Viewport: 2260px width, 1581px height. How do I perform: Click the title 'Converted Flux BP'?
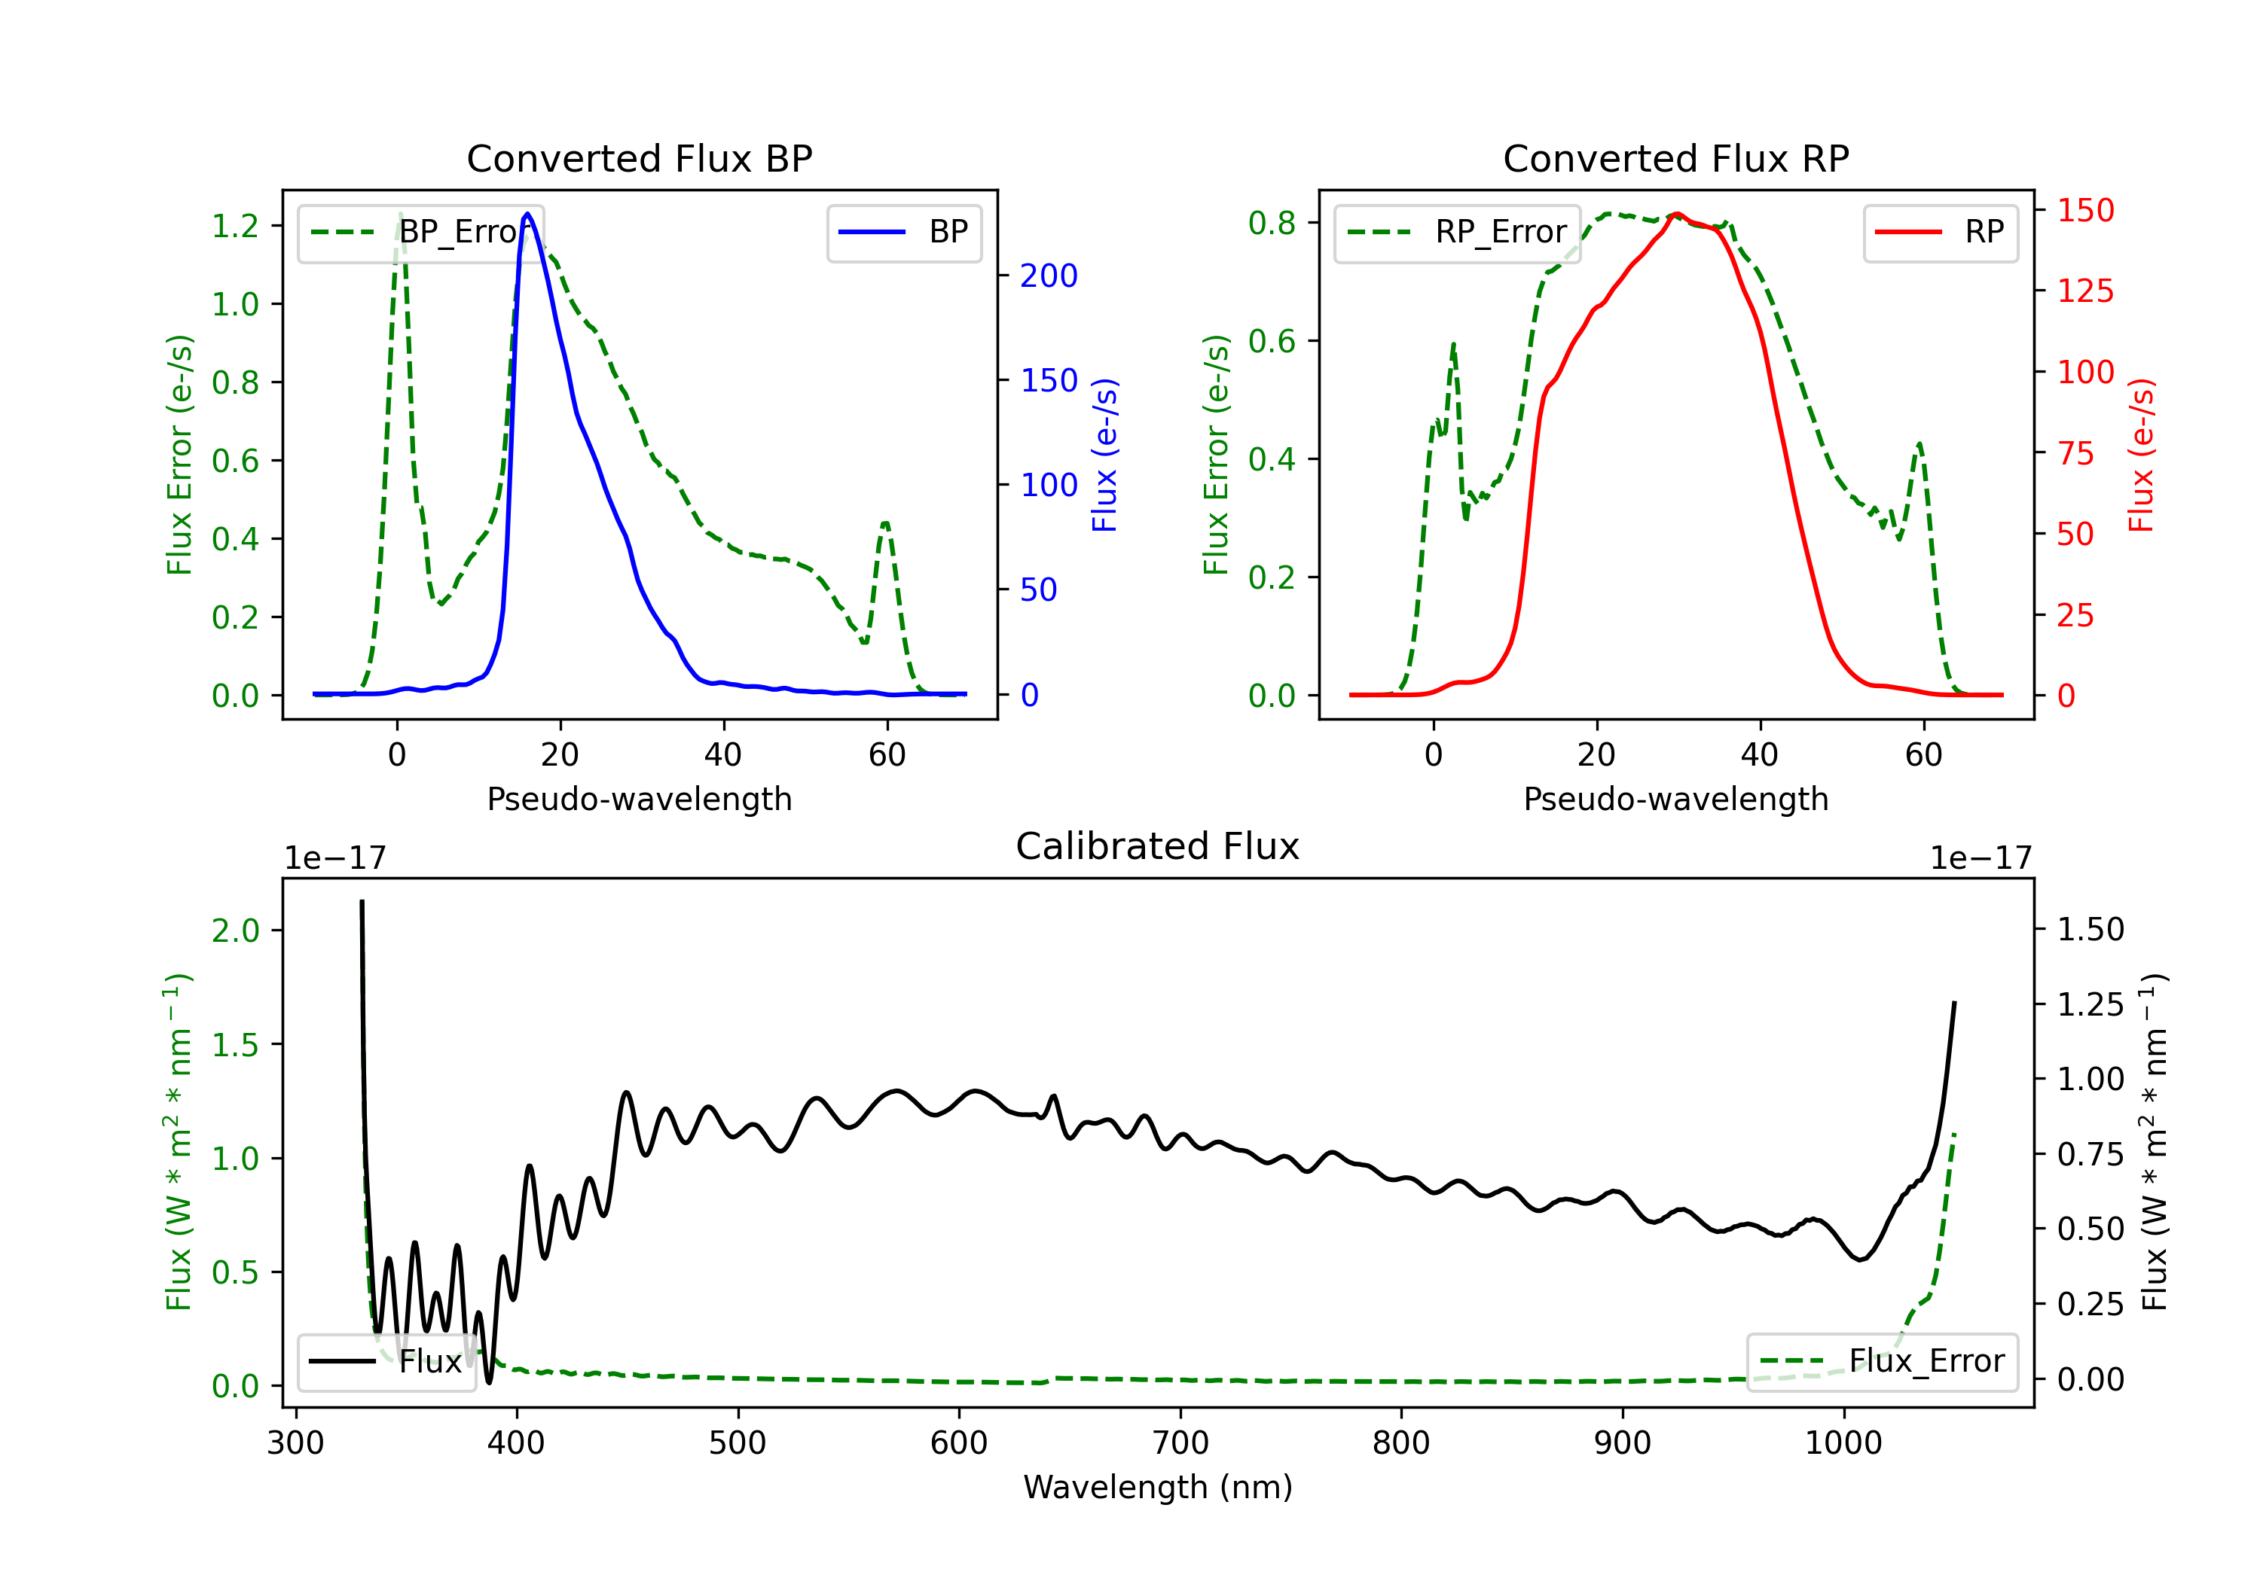[x=639, y=158]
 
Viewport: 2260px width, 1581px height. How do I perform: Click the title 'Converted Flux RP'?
[x=1675, y=158]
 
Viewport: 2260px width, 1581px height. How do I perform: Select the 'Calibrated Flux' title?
[x=1158, y=846]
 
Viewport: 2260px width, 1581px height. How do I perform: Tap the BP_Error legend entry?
[x=421, y=232]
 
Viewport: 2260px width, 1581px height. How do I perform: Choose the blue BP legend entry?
[x=903, y=232]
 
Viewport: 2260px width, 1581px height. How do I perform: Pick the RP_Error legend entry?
[x=1457, y=232]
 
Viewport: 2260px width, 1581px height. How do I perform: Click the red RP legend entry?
[x=1939, y=232]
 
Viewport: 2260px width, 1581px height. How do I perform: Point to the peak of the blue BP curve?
[x=527, y=214]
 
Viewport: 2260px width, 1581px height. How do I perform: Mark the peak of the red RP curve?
[x=1676, y=214]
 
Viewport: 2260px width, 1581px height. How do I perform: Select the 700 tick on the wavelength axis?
[x=1180, y=1442]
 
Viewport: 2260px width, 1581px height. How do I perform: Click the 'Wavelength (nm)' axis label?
[x=1158, y=1487]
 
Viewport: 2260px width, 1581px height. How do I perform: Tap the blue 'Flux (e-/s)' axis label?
[x=1105, y=455]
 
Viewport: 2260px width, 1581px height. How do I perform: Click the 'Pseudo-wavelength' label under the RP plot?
[x=1675, y=799]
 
